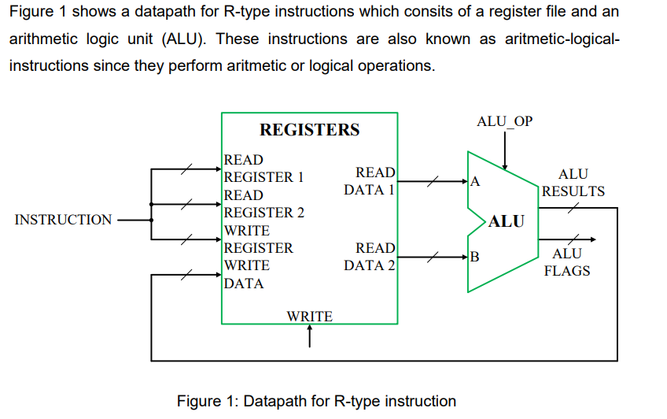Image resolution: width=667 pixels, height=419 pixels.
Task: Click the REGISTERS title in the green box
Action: coord(309,130)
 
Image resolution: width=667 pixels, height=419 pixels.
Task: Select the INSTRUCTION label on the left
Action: coord(64,220)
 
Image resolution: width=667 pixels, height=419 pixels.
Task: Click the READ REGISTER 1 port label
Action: coord(263,169)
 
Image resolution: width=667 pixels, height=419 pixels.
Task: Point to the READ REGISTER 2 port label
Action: coord(263,204)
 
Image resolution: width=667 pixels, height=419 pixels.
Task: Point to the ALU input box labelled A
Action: coord(474,182)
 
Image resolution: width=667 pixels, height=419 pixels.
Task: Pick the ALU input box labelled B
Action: coord(474,256)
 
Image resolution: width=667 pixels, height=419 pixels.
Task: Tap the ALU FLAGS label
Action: coord(567,262)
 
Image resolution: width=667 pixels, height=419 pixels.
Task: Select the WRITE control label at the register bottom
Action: coord(309,317)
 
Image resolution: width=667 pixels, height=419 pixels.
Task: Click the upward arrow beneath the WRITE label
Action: coord(310,336)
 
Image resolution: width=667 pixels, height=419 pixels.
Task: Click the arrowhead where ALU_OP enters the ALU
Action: coord(504,166)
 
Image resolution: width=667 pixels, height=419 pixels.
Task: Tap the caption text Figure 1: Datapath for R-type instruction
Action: coord(316,401)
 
